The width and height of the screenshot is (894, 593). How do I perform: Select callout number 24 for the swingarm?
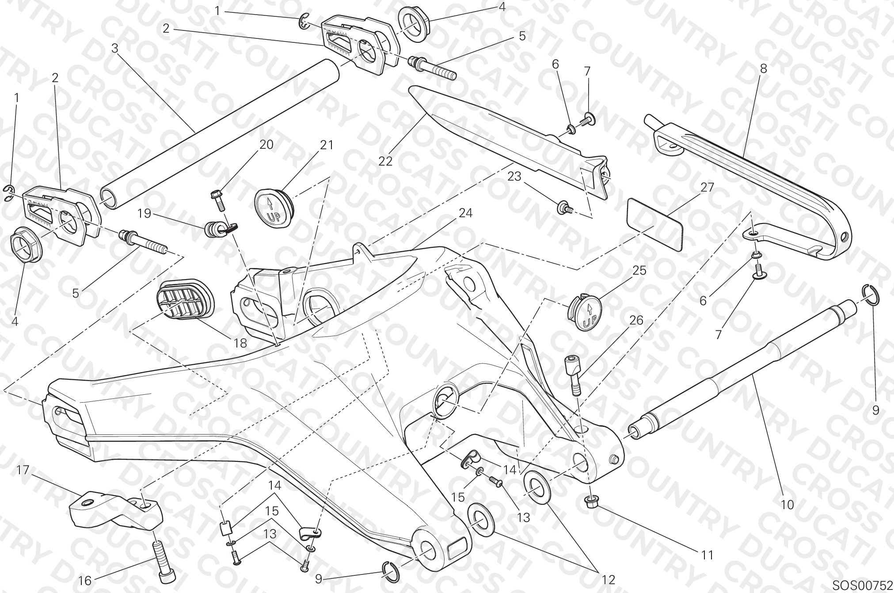[x=465, y=213]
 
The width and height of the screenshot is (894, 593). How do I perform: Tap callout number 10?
[x=787, y=504]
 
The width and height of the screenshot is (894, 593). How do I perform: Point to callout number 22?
[x=385, y=161]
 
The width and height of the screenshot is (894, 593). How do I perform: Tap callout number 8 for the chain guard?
[x=763, y=68]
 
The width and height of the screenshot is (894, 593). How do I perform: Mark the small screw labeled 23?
[x=566, y=208]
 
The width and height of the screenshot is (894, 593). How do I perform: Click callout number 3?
[x=115, y=48]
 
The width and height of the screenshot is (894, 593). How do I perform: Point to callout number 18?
[x=240, y=343]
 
